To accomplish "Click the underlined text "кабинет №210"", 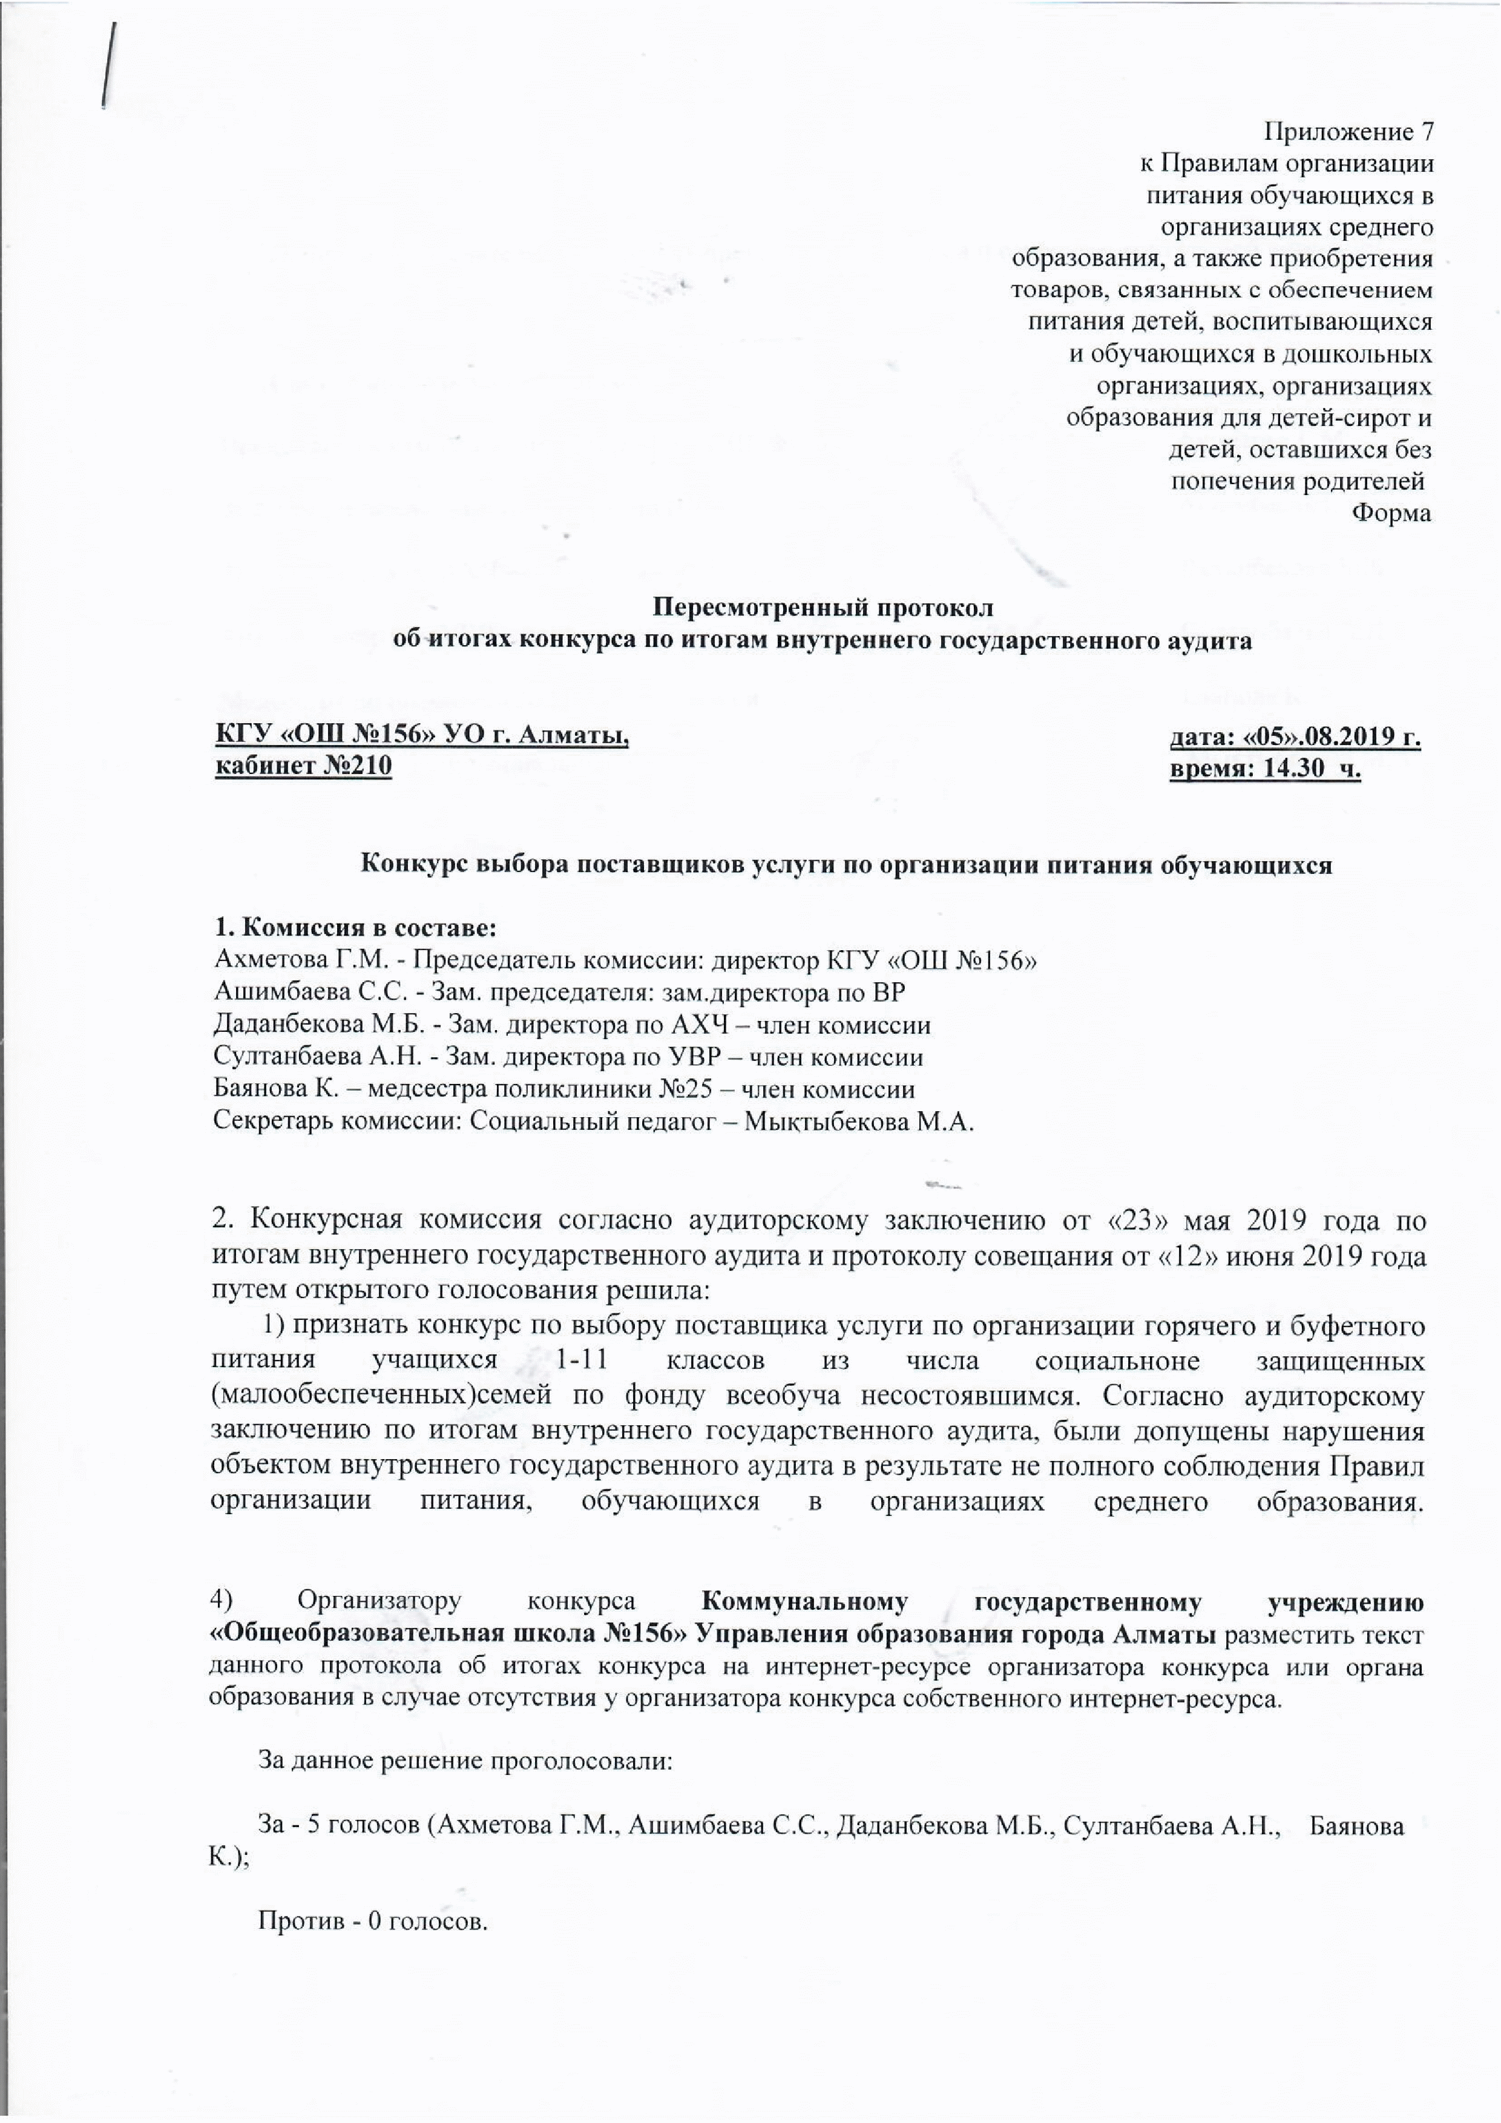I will pyautogui.click(x=303, y=767).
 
